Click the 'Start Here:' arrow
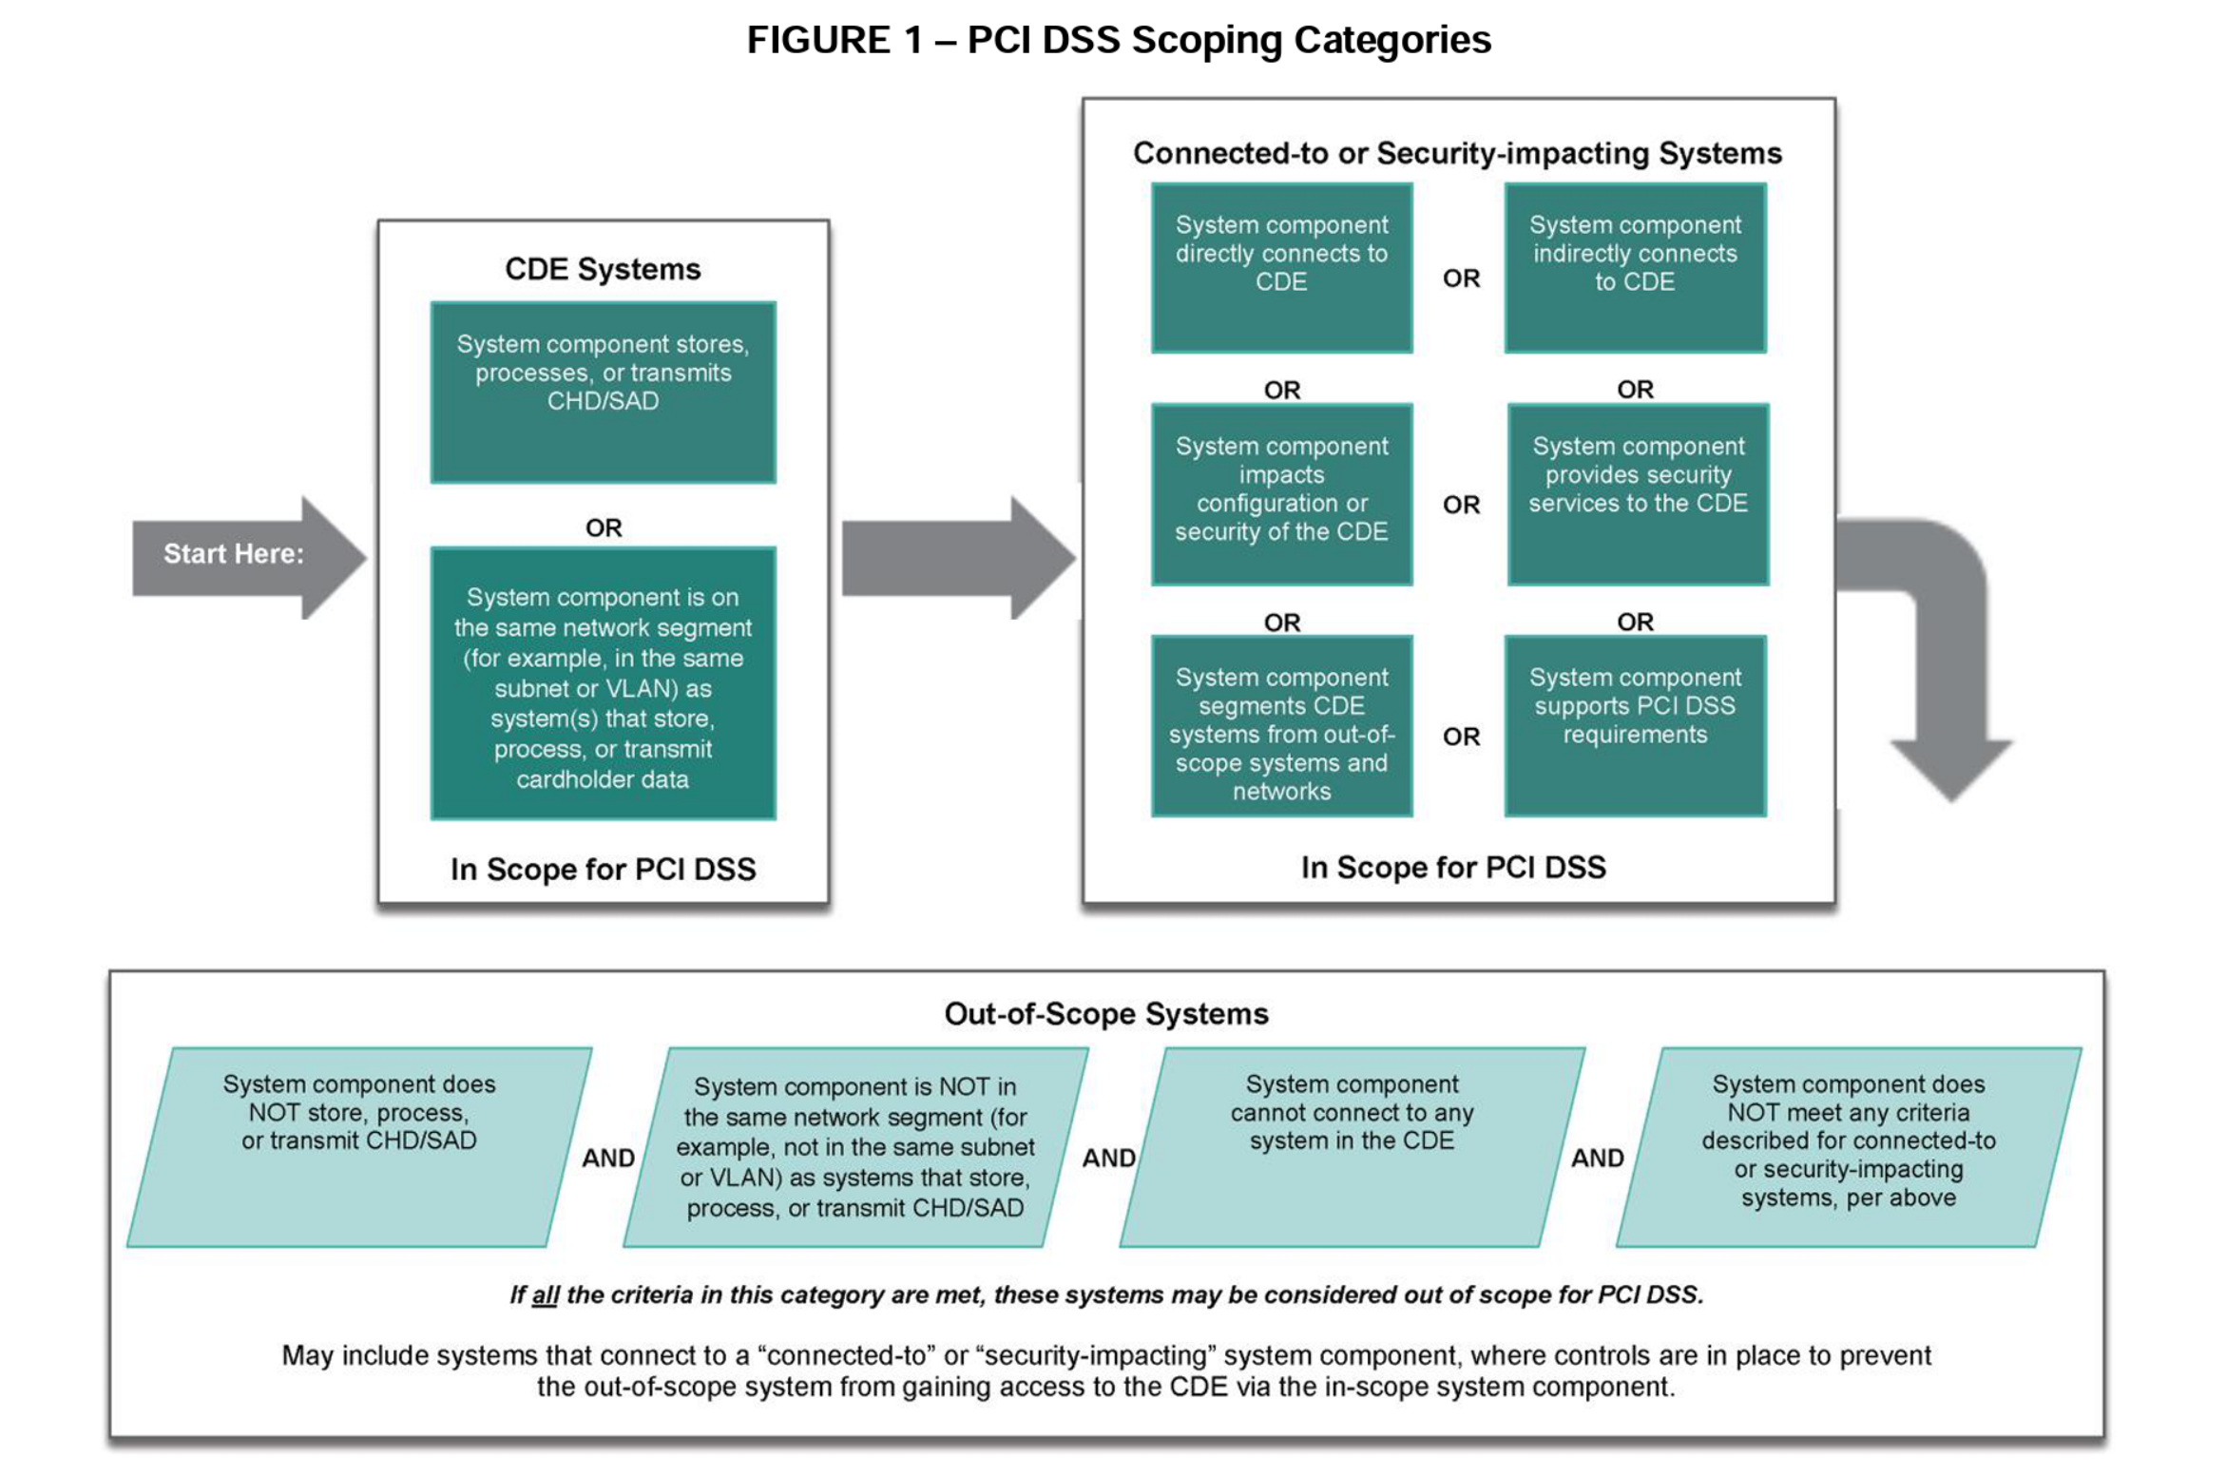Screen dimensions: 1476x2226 [238, 556]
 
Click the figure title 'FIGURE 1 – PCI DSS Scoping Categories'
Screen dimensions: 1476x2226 [1118, 40]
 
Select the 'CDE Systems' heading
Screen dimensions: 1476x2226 [603, 269]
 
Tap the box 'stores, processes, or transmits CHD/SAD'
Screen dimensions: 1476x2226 [603, 392]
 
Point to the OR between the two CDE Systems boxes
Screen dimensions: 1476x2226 [603, 527]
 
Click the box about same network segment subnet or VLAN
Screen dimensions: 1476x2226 [603, 684]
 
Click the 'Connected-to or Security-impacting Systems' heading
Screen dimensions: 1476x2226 [1456, 153]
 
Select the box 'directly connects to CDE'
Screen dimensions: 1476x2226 [1281, 268]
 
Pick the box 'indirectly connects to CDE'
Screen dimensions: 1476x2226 [1635, 268]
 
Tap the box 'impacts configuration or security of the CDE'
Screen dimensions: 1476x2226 [1281, 494]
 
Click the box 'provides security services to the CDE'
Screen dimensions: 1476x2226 [1638, 494]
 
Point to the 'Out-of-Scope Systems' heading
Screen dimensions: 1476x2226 [1105, 1014]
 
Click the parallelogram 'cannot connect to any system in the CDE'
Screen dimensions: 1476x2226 [1352, 1147]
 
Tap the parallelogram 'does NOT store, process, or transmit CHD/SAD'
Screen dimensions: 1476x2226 [359, 1147]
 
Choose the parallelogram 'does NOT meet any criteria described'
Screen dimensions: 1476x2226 [1848, 1147]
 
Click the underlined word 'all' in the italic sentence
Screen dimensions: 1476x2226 [545, 1295]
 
